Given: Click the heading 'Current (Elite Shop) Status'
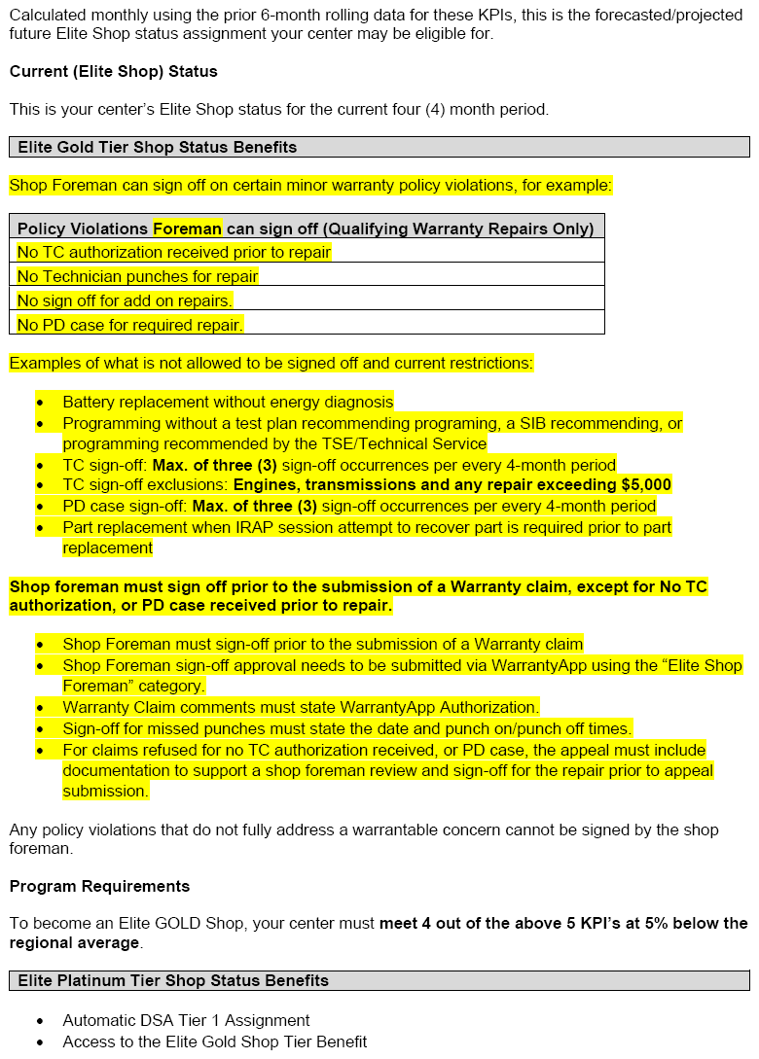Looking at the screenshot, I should pyautogui.click(x=114, y=72).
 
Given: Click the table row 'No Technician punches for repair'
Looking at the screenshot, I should pyautogui.click(x=137, y=276).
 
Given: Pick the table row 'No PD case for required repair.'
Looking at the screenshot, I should pyautogui.click(x=130, y=325).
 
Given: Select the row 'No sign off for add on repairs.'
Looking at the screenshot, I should pyautogui.click(x=125, y=300).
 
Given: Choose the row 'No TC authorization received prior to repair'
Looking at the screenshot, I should pyautogui.click(x=174, y=252).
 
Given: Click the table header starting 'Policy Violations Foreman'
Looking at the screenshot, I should pyautogui.click(x=306, y=229).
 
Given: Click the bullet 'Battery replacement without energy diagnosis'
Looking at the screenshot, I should pyautogui.click(x=228, y=402).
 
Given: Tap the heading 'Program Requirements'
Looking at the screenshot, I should pyautogui.click(x=99, y=886).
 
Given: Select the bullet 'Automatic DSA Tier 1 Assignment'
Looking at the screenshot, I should pyautogui.click(x=186, y=1020).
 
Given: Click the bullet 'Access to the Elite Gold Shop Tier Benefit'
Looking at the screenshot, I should pyautogui.click(x=215, y=1041).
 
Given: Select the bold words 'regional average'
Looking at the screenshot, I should pyautogui.click(x=75, y=943).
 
